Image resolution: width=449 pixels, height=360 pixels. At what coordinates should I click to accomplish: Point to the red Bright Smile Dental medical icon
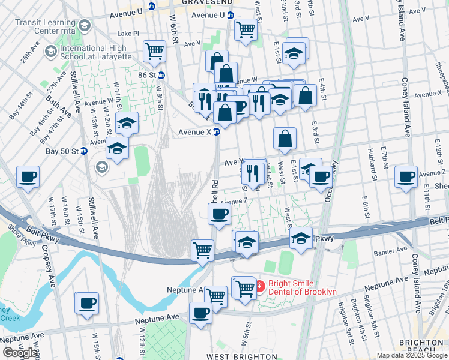(x=260, y=287)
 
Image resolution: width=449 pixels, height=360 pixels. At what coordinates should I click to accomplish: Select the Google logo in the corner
(x=20, y=353)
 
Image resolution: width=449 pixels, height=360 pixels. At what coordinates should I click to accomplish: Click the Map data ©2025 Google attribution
(x=412, y=355)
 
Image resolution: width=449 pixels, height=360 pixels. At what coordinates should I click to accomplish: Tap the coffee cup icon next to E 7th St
(x=406, y=177)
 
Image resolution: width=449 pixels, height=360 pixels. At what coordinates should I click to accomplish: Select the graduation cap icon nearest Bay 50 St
(x=117, y=147)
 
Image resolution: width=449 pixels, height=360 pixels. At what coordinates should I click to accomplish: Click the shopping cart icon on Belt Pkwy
(x=203, y=250)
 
